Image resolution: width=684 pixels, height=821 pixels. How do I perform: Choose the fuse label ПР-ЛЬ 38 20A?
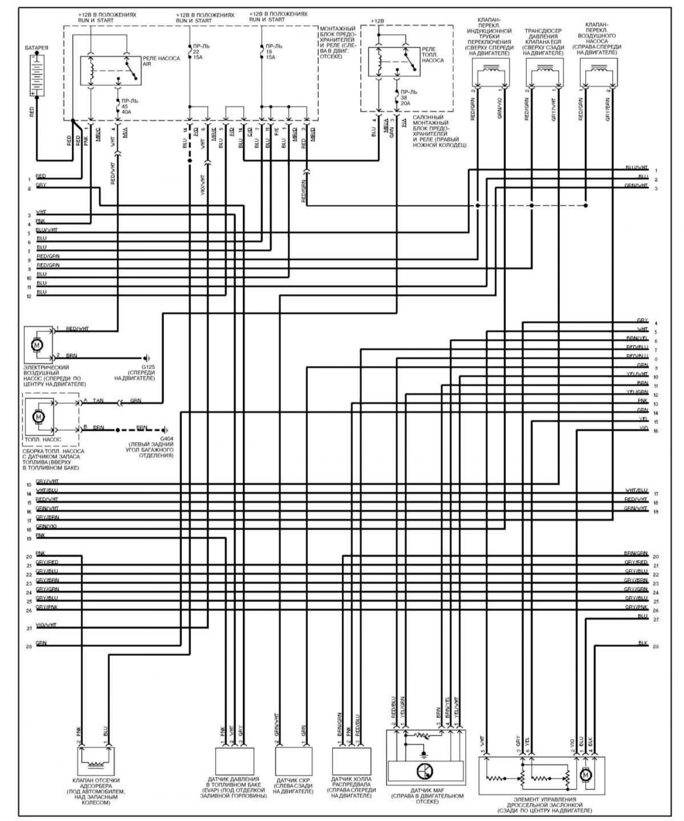pyautogui.click(x=408, y=98)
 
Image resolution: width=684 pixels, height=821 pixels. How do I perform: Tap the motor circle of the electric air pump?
pyautogui.click(x=37, y=345)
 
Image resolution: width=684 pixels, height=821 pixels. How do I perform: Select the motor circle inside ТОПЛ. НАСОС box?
pyautogui.click(x=38, y=417)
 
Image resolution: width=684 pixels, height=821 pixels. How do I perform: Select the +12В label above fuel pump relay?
pyautogui.click(x=377, y=21)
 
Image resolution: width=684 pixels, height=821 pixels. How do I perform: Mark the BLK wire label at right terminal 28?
pyautogui.click(x=642, y=643)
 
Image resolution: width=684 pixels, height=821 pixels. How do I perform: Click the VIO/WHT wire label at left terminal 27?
pyautogui.click(x=46, y=625)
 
